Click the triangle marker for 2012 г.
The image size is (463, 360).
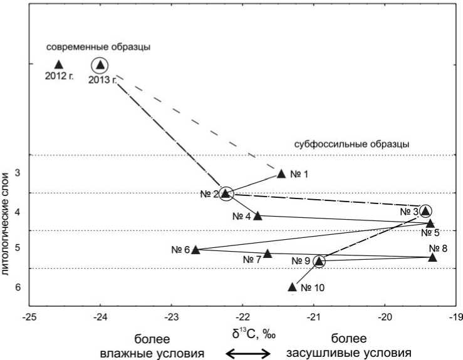coord(59,64)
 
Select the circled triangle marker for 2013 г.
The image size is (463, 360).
coord(100,64)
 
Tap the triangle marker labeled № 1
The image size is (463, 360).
coord(281,173)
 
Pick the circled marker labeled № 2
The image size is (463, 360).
coord(226,194)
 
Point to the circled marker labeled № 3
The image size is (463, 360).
coord(425,211)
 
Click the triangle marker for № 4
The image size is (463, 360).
coord(257,215)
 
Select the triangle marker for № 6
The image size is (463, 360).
coord(195,249)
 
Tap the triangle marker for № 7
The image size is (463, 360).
coord(268,254)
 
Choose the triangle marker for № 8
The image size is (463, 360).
coord(432,257)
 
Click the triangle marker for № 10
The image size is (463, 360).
coord(292,287)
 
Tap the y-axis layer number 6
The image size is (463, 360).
coord(18,287)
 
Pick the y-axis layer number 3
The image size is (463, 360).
coord(18,173)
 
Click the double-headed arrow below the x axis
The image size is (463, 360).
coord(249,353)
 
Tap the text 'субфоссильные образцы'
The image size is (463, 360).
coord(351,144)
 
